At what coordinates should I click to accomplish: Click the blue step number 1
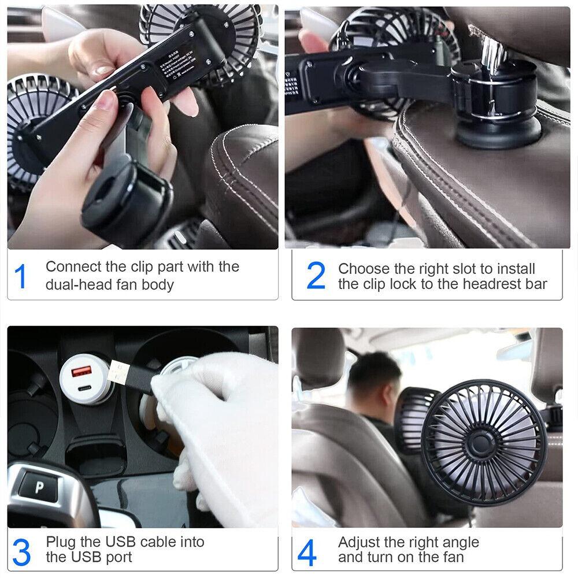point(21,276)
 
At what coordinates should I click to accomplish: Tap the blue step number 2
point(316,276)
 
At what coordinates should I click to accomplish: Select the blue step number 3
point(21,552)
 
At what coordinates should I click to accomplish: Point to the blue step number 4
point(307,553)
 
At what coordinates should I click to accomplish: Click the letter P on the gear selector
point(39,487)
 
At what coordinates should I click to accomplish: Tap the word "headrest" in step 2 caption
point(476,284)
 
